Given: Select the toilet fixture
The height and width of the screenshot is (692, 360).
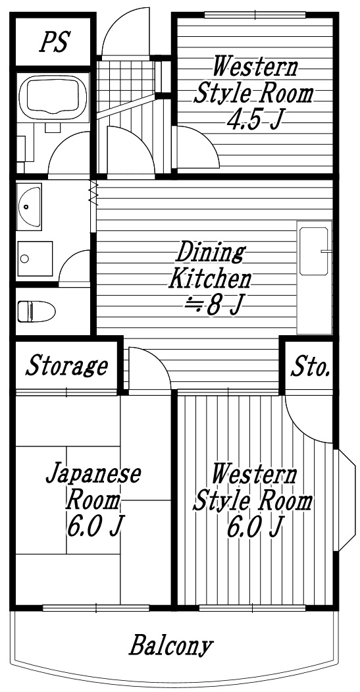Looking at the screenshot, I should tap(37, 310).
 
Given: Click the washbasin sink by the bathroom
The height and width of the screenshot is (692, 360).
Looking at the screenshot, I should tap(29, 206).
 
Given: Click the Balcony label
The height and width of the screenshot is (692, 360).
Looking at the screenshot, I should tap(171, 645).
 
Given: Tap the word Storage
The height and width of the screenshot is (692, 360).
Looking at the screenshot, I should tap(66, 366).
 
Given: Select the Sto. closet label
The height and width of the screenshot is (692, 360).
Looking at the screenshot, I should tap(309, 367).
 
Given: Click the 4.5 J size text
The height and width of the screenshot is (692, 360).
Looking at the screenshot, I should tap(250, 119).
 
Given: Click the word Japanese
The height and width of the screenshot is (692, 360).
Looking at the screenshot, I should tap(94, 474).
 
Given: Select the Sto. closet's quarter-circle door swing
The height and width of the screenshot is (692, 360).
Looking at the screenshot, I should tap(309, 421).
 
